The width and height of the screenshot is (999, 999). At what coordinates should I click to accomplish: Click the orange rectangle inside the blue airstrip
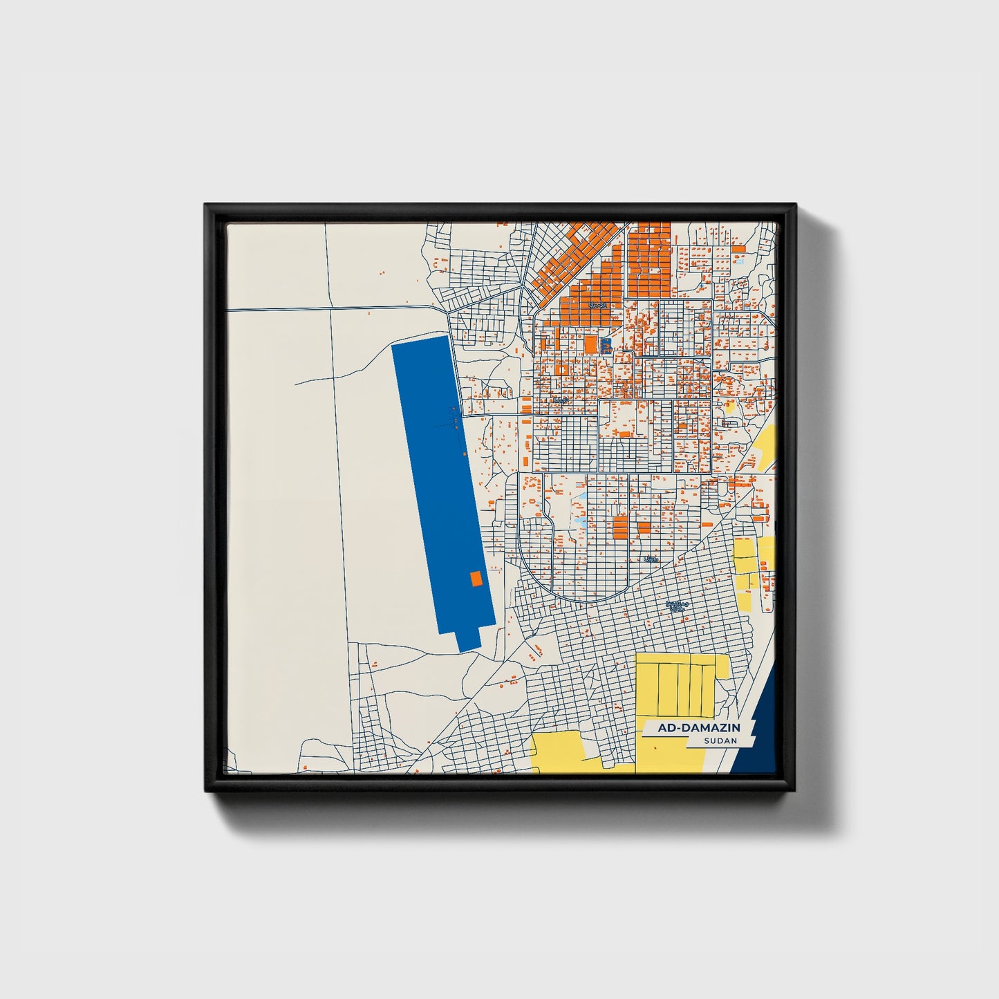point(476,579)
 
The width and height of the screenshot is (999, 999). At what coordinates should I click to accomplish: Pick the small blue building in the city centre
point(606,345)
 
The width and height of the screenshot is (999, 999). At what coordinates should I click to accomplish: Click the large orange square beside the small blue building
point(590,344)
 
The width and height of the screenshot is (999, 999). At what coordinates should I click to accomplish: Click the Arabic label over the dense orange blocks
point(596,304)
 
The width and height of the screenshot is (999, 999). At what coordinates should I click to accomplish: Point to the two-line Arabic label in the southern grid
point(677,607)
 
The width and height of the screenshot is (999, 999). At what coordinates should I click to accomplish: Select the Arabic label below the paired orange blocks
point(649,559)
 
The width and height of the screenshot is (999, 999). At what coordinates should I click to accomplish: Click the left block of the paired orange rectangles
point(620,526)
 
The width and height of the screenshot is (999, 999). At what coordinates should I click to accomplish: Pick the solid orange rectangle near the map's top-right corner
point(738,248)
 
